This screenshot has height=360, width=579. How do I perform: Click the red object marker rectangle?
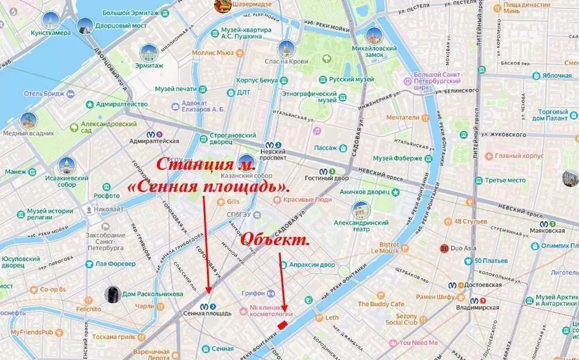pyautogui.click(x=282, y=324)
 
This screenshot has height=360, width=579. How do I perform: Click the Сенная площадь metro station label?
pyautogui.click(x=208, y=313)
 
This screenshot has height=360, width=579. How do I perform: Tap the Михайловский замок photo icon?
pyautogui.click(x=374, y=35)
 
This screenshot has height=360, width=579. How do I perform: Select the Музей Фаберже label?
pyautogui.click(x=397, y=158)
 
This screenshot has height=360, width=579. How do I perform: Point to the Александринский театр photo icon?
pyautogui.click(x=361, y=210)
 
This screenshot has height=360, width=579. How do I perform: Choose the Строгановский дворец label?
pyautogui.click(x=227, y=139)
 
